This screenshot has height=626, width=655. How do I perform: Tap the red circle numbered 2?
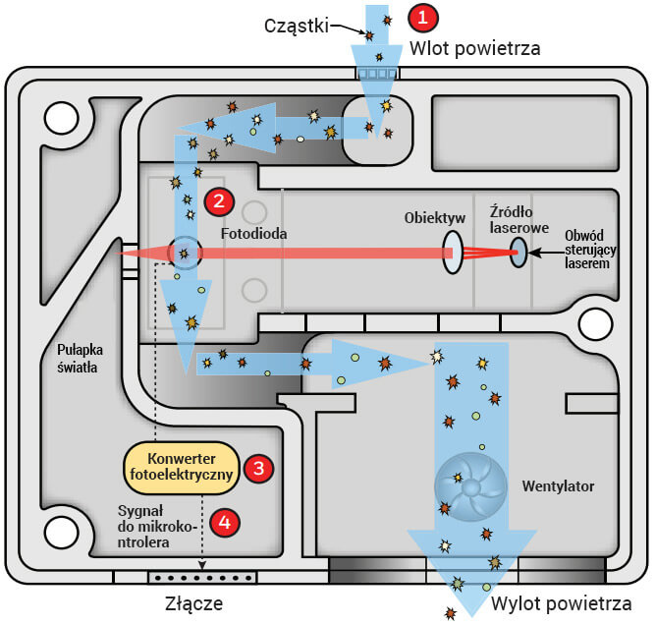pos(217,200)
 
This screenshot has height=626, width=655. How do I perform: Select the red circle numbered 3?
pos(258,468)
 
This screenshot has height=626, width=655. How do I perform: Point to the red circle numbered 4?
pos(225,523)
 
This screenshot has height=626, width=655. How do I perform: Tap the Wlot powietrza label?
pos(474,46)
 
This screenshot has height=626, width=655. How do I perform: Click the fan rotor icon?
pos(469,482)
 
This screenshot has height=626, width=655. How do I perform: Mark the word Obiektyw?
pos(431,216)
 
